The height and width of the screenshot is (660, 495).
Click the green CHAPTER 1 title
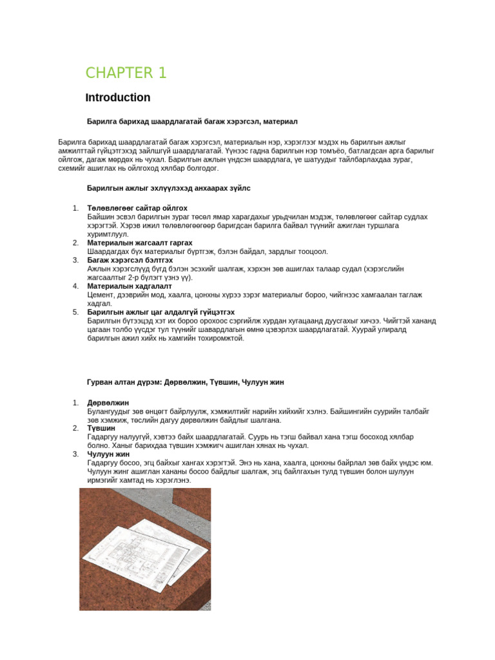(x=126, y=73)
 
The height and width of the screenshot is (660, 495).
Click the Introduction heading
(x=118, y=98)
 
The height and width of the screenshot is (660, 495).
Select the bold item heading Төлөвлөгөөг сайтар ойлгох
(x=137, y=208)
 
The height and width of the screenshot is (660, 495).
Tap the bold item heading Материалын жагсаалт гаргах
(x=140, y=243)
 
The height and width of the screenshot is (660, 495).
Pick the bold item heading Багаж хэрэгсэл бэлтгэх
(x=130, y=260)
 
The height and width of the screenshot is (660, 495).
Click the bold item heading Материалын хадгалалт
(x=130, y=286)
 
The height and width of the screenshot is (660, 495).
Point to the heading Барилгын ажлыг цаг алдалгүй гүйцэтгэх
(x=160, y=312)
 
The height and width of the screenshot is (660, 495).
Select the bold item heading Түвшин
(x=101, y=428)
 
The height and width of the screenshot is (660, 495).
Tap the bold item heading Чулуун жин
(x=109, y=454)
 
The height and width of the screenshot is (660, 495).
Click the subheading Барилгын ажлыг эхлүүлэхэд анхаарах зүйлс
(x=169, y=188)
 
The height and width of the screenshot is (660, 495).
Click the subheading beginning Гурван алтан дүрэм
(x=185, y=382)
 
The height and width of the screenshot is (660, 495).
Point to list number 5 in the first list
(x=75, y=312)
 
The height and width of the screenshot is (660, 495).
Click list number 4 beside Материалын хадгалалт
(x=75, y=286)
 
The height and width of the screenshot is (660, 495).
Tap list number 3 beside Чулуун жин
(x=75, y=454)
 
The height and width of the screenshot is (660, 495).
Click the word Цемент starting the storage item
(x=101, y=295)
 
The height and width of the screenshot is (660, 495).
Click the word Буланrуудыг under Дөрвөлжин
(x=109, y=411)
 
